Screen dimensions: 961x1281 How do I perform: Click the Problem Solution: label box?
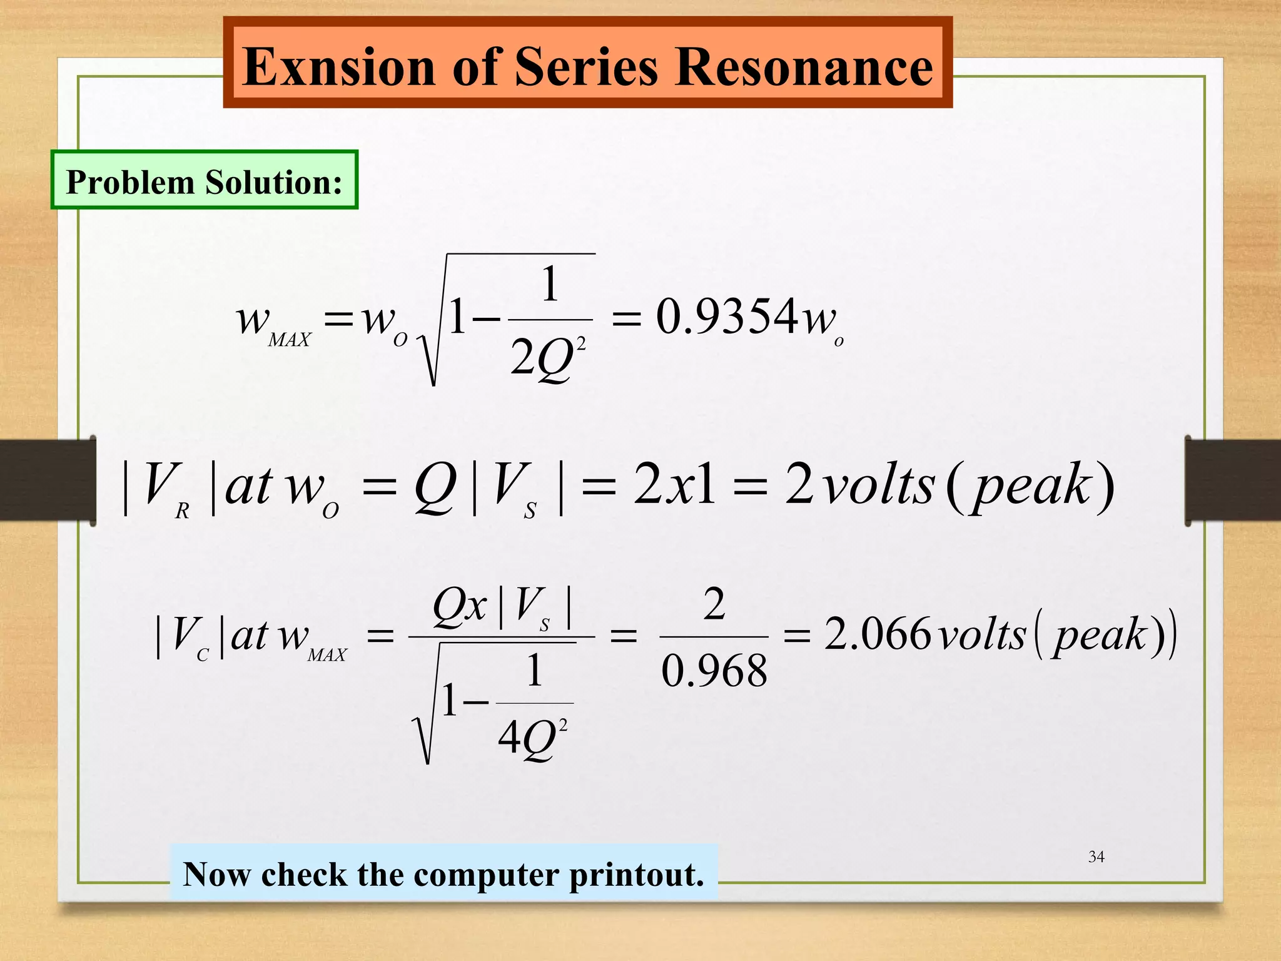click(x=204, y=180)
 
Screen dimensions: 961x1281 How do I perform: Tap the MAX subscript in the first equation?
click(x=289, y=340)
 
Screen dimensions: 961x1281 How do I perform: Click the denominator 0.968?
click(x=714, y=671)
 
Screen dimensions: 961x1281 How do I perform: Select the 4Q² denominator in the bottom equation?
click(x=532, y=738)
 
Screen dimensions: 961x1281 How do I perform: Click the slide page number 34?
click(x=1096, y=857)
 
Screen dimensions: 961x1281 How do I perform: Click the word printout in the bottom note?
click(x=635, y=875)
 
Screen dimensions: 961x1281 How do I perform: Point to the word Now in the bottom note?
click(x=218, y=874)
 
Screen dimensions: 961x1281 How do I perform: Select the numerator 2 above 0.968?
click(x=714, y=604)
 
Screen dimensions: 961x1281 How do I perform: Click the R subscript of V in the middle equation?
click(x=182, y=512)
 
